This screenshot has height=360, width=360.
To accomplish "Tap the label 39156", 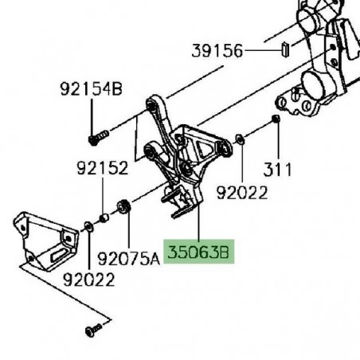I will coord(217,50).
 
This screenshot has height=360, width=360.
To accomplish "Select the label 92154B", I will coord(90,89).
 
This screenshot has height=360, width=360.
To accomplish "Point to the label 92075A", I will coord(128,258).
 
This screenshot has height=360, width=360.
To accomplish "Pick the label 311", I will coord(279,170).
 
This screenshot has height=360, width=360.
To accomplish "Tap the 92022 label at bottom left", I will coord(90,280).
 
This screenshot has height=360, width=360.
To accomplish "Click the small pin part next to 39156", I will coord(283,51).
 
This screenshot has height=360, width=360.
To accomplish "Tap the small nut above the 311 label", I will coord(276,119).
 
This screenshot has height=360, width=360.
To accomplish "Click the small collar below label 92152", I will coord(104,217).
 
